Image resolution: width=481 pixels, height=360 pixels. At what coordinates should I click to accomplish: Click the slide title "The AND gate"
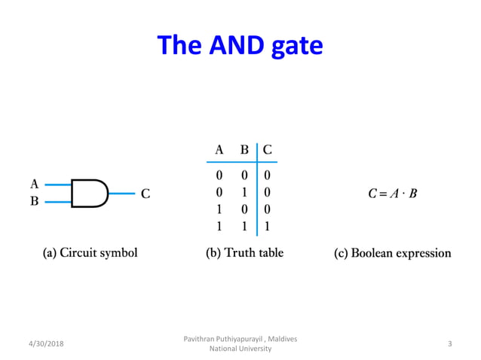click(240, 47)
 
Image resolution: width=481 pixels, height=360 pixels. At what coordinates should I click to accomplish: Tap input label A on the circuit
click(34, 183)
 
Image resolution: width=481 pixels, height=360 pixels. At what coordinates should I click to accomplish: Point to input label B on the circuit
click(34, 202)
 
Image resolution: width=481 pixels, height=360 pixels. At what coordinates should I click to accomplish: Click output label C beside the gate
click(146, 194)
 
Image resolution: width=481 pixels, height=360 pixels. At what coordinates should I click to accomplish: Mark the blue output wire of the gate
click(122, 193)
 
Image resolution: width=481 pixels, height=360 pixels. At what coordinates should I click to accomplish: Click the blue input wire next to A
click(57, 184)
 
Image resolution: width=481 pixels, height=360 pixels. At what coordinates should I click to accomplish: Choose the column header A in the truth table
click(219, 149)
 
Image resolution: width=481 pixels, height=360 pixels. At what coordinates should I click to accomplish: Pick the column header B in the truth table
click(244, 149)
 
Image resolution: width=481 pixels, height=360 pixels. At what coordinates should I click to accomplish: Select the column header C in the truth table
click(268, 149)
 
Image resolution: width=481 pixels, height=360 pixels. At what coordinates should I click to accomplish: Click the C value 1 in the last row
click(268, 225)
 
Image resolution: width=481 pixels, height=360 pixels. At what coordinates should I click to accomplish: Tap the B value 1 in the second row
click(244, 192)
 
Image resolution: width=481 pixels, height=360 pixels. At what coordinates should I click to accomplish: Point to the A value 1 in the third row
click(219, 209)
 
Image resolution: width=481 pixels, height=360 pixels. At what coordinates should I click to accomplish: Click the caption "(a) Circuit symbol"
click(89, 253)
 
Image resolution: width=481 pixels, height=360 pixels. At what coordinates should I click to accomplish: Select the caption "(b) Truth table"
click(244, 253)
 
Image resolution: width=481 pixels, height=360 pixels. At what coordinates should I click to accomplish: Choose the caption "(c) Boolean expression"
click(392, 253)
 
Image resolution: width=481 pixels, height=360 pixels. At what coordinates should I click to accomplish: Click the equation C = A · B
click(392, 194)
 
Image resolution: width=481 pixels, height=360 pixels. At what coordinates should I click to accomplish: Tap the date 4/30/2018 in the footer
click(42, 343)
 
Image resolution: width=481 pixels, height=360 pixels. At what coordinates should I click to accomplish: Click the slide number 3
click(449, 343)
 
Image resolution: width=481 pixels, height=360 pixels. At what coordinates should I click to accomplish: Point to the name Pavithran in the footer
click(201, 339)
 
